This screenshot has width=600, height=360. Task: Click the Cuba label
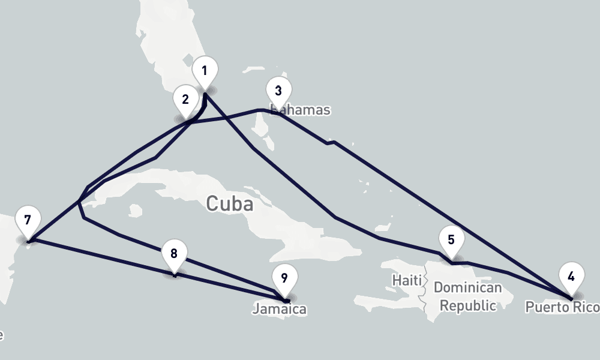pos(229,204)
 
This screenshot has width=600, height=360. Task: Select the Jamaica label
pos(279,310)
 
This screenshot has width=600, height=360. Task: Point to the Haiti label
pos(407,280)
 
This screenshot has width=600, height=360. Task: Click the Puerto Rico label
pos(562,308)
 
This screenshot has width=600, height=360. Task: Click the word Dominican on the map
pos(467,288)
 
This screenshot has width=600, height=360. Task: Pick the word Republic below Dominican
pos(468,305)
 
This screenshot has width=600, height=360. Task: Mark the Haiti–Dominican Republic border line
pos(426,288)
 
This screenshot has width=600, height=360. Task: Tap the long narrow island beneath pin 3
pos(262,130)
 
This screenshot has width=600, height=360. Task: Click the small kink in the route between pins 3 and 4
pos(331,143)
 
